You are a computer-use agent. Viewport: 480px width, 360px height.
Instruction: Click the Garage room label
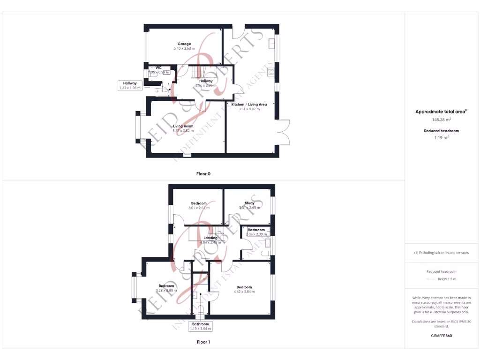184,44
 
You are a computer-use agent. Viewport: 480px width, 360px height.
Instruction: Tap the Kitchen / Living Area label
249,105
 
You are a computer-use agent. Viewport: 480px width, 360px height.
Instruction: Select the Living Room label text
183,126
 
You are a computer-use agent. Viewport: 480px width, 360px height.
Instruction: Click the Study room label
249,203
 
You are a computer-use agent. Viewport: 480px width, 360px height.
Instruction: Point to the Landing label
210,238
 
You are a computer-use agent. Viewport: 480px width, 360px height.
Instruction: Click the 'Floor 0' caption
203,174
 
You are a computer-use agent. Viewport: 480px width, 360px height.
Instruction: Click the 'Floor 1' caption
203,342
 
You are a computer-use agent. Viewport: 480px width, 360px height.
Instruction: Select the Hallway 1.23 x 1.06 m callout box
130,85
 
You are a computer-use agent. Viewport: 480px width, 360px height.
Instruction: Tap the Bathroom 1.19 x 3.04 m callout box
200,326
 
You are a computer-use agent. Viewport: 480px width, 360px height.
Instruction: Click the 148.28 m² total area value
441,120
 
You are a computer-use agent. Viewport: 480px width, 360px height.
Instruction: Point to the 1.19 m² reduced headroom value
441,138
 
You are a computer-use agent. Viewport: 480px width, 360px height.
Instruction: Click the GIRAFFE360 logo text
441,336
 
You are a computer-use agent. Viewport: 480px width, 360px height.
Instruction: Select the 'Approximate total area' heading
441,112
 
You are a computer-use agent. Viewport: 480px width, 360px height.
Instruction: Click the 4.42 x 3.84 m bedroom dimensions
244,292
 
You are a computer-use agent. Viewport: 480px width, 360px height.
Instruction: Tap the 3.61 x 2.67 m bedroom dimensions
199,208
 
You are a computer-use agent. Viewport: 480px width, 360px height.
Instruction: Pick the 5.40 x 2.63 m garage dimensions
184,48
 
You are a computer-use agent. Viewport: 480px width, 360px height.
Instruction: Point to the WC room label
158,67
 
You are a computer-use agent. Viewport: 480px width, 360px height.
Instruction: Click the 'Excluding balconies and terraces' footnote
441,253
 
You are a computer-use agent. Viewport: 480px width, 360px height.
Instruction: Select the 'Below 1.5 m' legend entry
446,279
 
